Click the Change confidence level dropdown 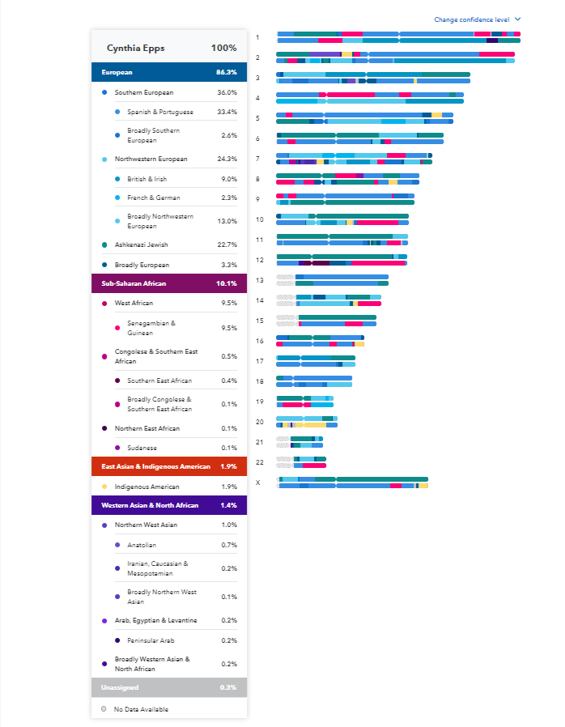[x=477, y=19]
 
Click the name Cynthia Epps [x=136, y=48]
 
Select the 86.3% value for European [x=226, y=72]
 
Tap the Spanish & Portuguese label [x=160, y=112]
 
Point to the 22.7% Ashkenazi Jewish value [x=226, y=244]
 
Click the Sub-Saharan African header [x=134, y=283]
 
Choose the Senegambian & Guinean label [x=151, y=328]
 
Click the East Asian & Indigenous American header [x=155, y=466]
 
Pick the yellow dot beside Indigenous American [x=104, y=487]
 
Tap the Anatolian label [x=142, y=545]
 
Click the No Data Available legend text [x=141, y=709]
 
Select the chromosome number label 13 [x=259, y=280]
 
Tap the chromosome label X [x=258, y=483]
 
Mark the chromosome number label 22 [x=259, y=462]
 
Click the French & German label [x=153, y=198]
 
